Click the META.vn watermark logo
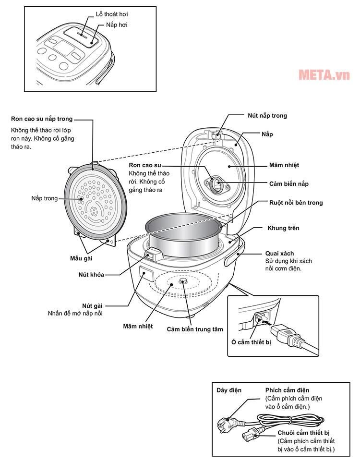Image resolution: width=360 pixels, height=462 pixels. click(x=324, y=75)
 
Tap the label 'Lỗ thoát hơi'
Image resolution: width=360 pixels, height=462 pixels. click(x=111, y=14)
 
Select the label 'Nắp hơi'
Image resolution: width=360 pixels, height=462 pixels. click(x=116, y=24)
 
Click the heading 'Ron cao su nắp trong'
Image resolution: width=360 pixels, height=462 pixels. click(x=42, y=119)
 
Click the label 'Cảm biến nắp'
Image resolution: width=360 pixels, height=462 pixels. click(x=288, y=184)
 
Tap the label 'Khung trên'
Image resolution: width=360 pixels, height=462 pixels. click(x=283, y=228)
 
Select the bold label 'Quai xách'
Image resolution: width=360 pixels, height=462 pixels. click(x=279, y=253)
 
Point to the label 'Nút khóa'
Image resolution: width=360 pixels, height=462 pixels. click(x=91, y=275)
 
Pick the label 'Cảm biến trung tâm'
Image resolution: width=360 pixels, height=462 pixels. click(x=195, y=329)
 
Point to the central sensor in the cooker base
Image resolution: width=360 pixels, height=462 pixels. click(x=182, y=282)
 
